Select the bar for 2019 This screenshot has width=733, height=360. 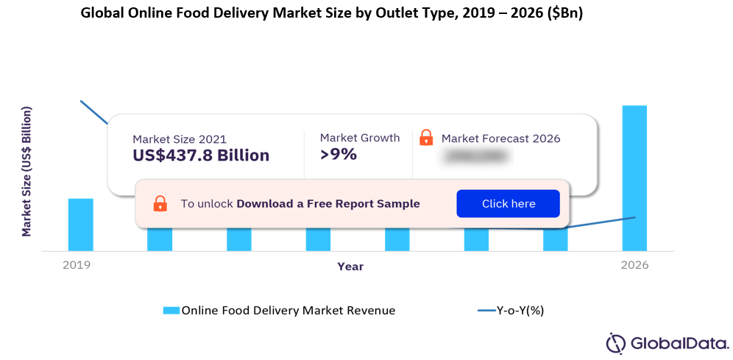[x=81, y=225]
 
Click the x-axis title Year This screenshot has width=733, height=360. [x=350, y=267]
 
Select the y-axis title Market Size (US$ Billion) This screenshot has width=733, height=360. [x=26, y=172]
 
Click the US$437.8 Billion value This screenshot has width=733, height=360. [x=201, y=155]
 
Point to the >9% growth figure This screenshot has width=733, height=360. [x=339, y=154]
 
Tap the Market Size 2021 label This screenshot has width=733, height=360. [x=180, y=138]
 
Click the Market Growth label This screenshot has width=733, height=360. [x=360, y=138]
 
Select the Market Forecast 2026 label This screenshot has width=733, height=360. [x=500, y=138]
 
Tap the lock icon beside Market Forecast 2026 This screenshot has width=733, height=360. [x=426, y=138]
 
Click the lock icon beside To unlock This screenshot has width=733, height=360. [x=160, y=204]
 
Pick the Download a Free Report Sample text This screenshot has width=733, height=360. [x=328, y=204]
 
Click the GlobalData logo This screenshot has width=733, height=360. [x=667, y=343]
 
